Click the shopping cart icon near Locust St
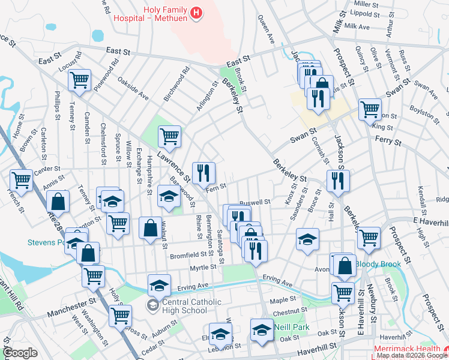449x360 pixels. coord(79,80)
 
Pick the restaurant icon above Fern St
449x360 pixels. coord(203,172)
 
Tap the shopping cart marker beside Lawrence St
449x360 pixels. coord(170,136)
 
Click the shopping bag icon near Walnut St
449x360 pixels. coord(149,227)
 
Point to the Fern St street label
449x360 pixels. coord(215,188)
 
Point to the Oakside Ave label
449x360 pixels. coord(133,88)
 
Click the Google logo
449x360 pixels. coord(20,353)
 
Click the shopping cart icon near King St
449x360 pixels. coord(370,109)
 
